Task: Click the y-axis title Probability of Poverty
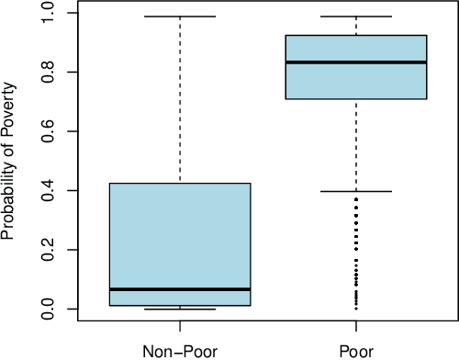(11, 161)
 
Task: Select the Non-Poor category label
(180, 349)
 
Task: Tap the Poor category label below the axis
(356, 349)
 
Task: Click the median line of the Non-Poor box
(180, 289)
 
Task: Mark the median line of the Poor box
(356, 62)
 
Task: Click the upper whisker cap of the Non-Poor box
(180, 17)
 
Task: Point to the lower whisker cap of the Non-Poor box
(180, 309)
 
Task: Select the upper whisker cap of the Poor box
(356, 17)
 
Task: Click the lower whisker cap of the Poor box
(356, 191)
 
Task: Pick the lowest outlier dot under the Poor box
(356, 307)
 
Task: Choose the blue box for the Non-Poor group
(180, 239)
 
